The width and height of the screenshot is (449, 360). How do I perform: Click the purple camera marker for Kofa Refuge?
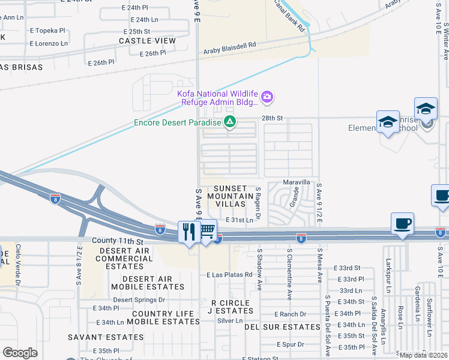[268, 96]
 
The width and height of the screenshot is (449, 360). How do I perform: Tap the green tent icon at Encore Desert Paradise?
[229, 122]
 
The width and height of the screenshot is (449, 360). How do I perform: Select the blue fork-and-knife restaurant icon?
[190, 232]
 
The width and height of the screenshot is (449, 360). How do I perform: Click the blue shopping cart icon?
[207, 230]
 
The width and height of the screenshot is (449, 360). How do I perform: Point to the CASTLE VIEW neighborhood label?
[147, 41]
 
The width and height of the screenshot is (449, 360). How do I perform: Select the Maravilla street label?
[297, 182]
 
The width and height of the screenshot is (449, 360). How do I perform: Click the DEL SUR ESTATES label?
[282, 327]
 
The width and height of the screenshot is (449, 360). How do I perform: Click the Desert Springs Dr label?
[139, 299]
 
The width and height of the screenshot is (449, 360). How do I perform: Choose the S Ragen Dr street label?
[256, 200]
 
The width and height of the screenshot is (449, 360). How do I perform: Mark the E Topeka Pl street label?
[47, 30]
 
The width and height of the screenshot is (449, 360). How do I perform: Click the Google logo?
[20, 353]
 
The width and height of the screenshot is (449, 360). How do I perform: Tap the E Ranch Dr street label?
[290, 314]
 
